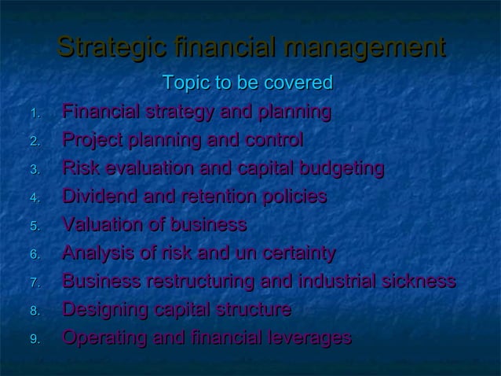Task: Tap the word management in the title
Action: coord(366,47)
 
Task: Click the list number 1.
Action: coord(34,114)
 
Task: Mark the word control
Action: coord(272,141)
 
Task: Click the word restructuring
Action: coord(206,282)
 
